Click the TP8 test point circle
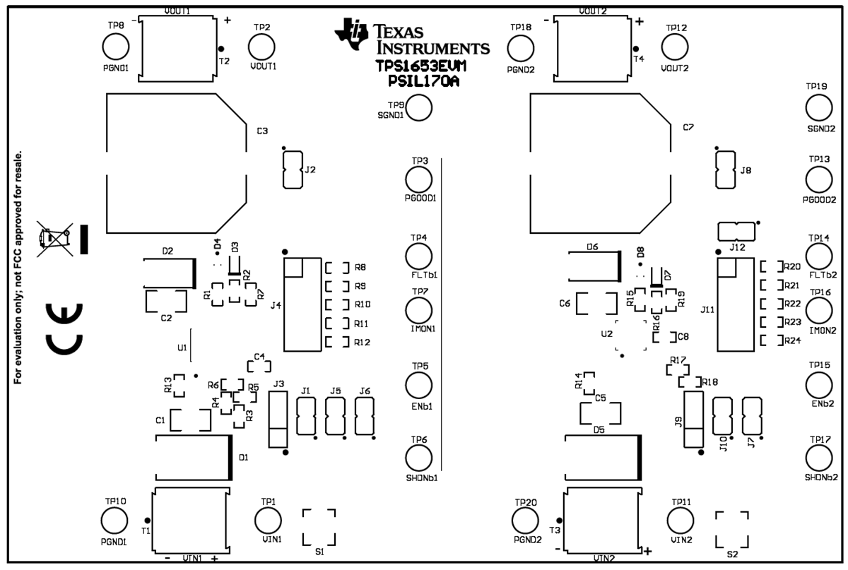tap(116, 47)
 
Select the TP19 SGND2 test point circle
tap(820, 108)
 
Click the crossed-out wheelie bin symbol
tap(56, 239)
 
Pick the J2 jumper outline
tap(292, 170)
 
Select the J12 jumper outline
tap(736, 231)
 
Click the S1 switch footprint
tap(319, 526)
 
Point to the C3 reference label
tap(262, 131)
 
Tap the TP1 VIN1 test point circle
tap(268, 521)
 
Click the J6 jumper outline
tap(364, 416)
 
